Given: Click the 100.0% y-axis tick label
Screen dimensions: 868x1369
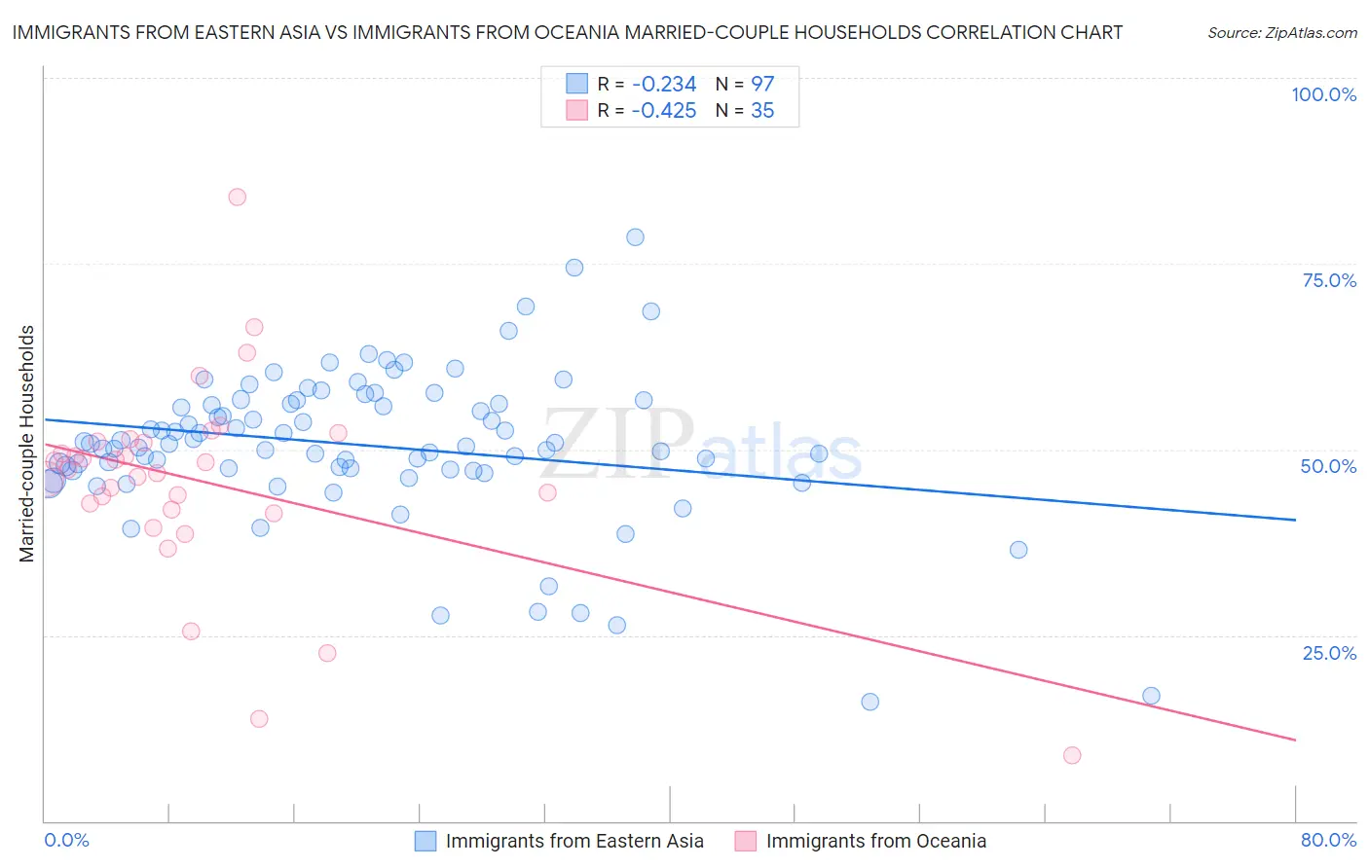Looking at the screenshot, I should [1323, 94].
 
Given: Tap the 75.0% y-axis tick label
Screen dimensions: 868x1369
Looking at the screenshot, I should [1329, 280].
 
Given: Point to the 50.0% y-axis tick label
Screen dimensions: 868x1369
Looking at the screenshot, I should [1328, 466].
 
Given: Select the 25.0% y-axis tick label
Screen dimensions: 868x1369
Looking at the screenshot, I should [1329, 652].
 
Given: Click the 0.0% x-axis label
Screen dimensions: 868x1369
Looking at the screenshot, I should [66, 840].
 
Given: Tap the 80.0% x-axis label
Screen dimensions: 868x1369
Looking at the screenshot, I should [1328, 840].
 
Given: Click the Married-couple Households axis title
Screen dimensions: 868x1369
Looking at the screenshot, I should [27, 443].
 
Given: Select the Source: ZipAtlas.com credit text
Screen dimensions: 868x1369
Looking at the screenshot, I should [1281, 32].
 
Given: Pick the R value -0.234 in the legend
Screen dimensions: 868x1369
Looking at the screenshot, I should [663, 84].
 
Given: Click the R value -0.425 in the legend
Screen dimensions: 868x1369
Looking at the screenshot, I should [663, 111].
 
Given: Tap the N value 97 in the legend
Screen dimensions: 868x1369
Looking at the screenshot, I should [762, 84].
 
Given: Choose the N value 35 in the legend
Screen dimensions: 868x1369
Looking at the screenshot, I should [762, 111].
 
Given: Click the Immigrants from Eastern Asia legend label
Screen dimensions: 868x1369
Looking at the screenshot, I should [574, 841].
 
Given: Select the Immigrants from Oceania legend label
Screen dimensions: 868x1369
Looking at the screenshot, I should [875, 841].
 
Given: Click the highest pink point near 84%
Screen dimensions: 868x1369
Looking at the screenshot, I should [237, 197].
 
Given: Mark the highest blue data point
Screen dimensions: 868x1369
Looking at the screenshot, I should [635, 236].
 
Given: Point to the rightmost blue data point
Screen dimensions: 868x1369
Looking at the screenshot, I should [1151, 696].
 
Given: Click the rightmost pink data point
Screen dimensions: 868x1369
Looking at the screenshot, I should [1072, 755].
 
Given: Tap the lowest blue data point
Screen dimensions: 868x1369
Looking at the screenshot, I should [869, 702].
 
